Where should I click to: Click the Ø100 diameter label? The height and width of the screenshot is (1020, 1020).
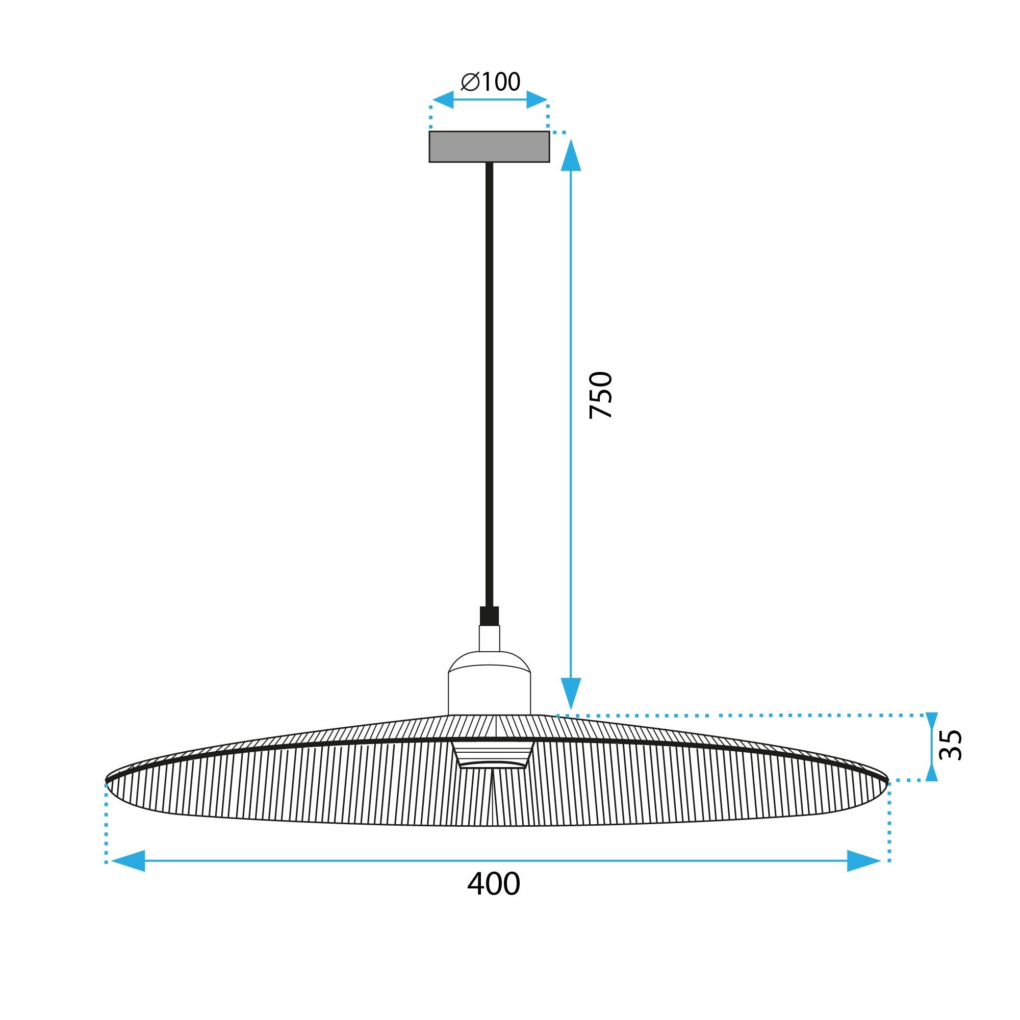coord(491,82)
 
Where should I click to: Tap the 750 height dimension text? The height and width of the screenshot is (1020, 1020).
coord(601,395)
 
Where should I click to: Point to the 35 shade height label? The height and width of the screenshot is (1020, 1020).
coord(951,745)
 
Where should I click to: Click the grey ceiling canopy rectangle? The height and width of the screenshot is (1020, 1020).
coord(489,146)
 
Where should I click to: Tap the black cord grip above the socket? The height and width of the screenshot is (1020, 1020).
coord(490,616)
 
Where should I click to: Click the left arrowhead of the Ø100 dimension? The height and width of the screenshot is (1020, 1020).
coord(444,99)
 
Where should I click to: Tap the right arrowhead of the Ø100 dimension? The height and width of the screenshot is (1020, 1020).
coord(537,99)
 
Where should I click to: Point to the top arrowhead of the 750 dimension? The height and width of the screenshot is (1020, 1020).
coord(571,156)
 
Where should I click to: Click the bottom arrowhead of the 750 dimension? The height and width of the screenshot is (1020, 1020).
coord(571,693)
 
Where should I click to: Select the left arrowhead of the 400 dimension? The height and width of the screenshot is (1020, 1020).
coord(129,861)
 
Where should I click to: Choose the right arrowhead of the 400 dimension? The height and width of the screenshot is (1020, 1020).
coord(864,861)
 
